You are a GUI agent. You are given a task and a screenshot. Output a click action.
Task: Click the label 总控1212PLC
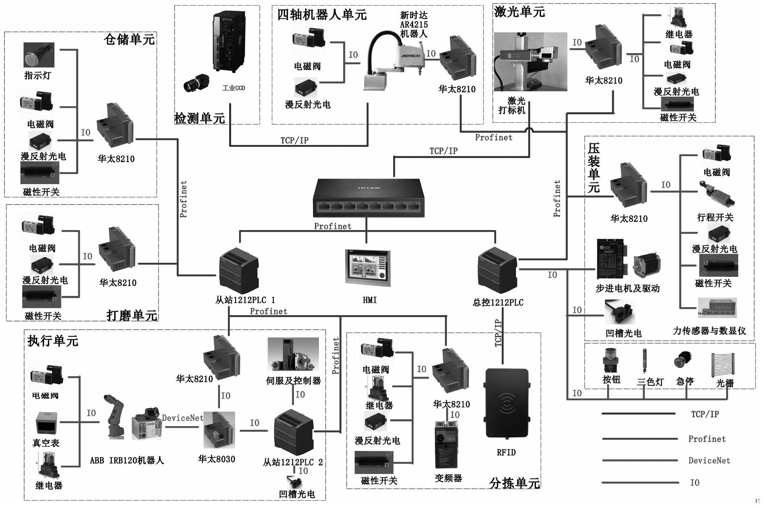tap(498, 303)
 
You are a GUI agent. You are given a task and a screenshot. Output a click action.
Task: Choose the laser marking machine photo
tap(530, 62)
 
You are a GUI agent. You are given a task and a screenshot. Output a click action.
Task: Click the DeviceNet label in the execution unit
tap(182, 418)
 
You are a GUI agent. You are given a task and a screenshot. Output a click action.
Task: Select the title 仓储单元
tap(129, 39)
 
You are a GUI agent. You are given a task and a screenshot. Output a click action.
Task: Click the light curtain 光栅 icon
tap(722, 364)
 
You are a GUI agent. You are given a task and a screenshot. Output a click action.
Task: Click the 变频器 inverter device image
tap(446, 444)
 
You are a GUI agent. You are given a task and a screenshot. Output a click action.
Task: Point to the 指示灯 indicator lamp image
tap(39, 55)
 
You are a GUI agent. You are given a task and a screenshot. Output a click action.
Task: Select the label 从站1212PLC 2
tap(293, 462)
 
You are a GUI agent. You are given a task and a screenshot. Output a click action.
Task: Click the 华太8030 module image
tap(219, 431)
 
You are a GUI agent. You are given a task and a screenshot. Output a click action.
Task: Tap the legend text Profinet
tap(707, 439)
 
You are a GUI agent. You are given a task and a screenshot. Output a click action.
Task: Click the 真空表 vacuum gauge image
tap(46, 423)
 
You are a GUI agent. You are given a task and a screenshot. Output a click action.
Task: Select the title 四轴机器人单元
tap(322, 15)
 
